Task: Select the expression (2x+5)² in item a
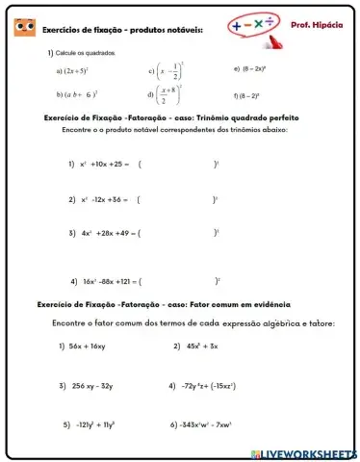click(76, 71)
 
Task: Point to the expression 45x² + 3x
click(203, 346)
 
